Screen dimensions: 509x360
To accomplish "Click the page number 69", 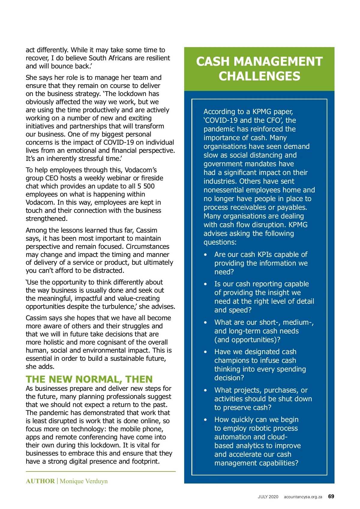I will pos(331,496).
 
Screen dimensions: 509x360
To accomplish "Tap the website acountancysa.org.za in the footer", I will pos(303,497).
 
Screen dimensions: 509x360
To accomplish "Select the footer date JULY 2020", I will pos(268,497).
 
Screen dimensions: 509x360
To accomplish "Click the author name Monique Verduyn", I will pos(84,481).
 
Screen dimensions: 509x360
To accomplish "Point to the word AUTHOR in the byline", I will pos(40,481).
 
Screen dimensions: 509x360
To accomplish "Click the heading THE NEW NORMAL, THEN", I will pos(89,379).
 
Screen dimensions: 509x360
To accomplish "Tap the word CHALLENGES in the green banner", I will pos(259,76).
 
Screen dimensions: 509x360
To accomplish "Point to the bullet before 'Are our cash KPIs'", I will pos(205,255).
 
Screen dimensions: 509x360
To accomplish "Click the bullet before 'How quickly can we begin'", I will pos(205,420).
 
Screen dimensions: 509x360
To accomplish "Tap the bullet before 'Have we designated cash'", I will pos(205,352).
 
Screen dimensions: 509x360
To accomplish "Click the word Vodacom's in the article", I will pos(140,170).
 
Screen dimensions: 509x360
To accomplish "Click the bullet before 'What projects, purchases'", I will pos(205,390).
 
